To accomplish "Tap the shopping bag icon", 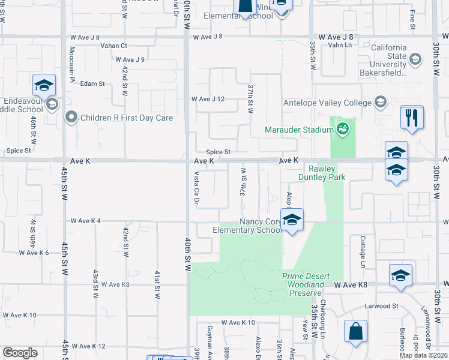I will [355, 331].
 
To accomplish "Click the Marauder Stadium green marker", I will [343, 128].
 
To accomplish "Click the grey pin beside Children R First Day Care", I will [72, 117].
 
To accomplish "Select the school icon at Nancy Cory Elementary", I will [292, 220].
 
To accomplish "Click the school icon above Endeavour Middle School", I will [44, 86].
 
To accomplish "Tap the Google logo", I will [20, 353].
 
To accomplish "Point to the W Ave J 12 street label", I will [207, 99].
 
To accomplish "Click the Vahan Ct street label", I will [114, 46].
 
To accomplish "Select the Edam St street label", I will [92, 84].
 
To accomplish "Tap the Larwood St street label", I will [382, 306].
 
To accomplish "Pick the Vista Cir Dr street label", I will [196, 188].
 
